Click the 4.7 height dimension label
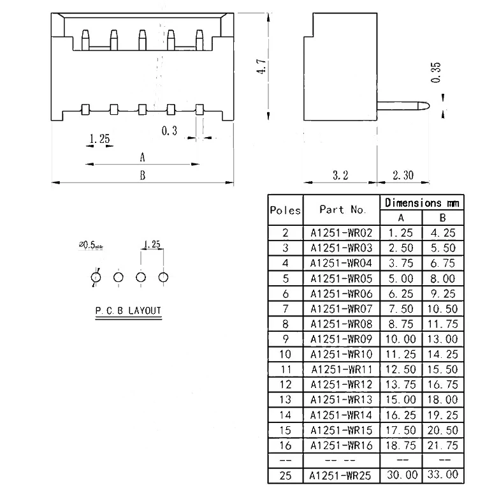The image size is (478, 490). [x=261, y=66]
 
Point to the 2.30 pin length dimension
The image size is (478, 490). [x=403, y=175]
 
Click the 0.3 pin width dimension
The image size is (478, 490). [x=170, y=131]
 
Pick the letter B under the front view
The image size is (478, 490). [x=143, y=175]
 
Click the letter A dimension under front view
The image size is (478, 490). [x=143, y=158]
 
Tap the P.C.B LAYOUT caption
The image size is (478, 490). [x=128, y=311]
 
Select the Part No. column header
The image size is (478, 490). [x=343, y=210]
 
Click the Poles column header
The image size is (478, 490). [x=285, y=210]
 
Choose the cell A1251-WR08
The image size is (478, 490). [x=341, y=323]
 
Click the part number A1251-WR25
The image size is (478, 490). [x=341, y=475]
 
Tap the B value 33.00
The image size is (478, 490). [x=443, y=475]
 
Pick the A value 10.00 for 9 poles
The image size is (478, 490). [x=401, y=339]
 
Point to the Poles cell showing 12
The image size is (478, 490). [x=285, y=384]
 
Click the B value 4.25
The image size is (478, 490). [x=443, y=233]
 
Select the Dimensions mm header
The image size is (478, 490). [x=422, y=203]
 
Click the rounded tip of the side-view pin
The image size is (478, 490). [x=429, y=107]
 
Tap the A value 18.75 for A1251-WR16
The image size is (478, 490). [x=401, y=445]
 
